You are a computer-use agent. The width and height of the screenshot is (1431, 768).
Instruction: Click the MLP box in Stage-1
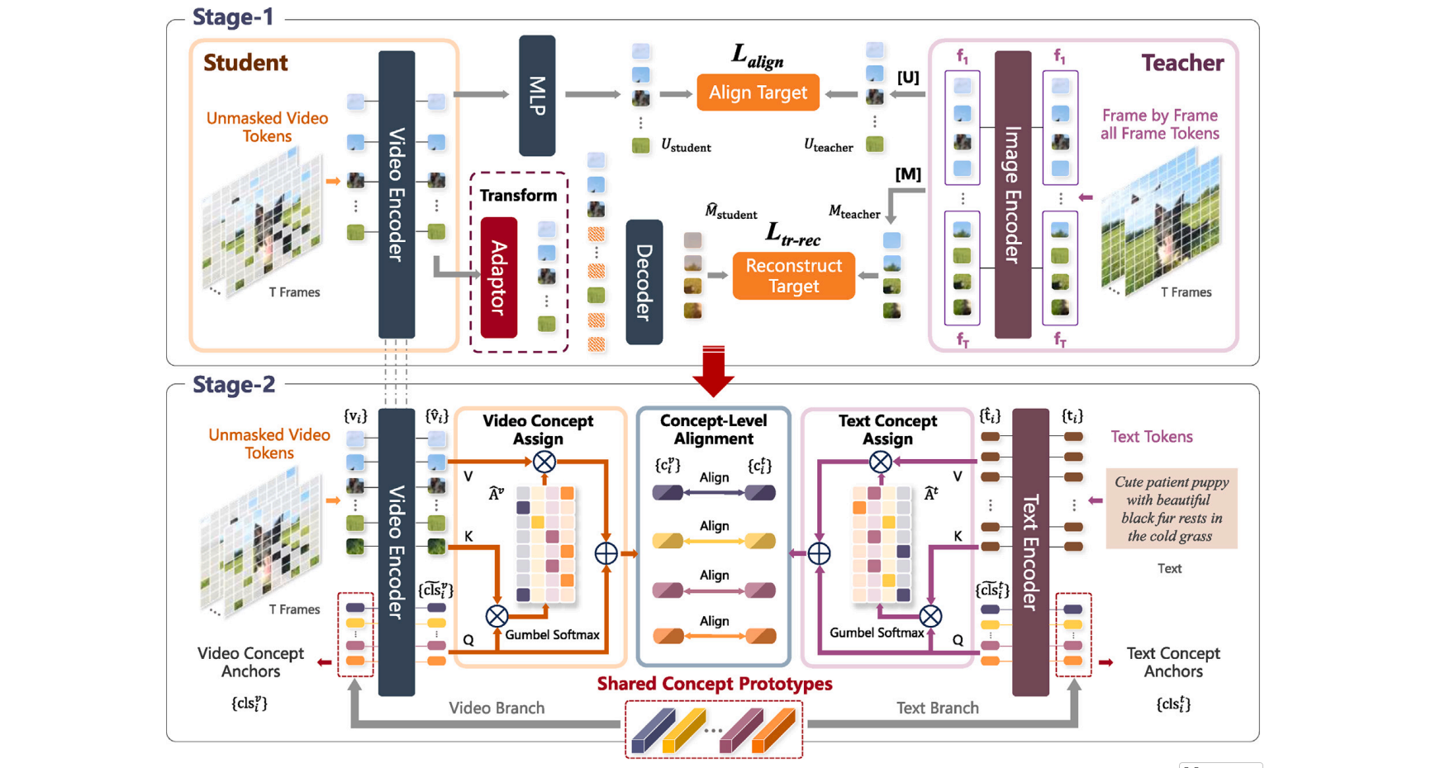pyautogui.click(x=537, y=96)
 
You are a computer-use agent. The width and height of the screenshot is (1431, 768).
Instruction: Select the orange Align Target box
pyautogui.click(x=758, y=92)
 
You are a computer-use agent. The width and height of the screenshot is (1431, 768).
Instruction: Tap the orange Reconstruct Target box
pyautogui.click(x=793, y=276)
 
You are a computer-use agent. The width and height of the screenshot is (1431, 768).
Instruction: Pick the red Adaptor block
pyautogui.click(x=499, y=277)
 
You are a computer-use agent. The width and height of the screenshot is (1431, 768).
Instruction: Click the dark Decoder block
pyautogui.click(x=644, y=282)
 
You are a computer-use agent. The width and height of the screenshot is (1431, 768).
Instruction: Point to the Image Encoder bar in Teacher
pyautogui.click(x=1012, y=195)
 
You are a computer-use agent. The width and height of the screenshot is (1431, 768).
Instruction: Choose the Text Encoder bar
pyautogui.click(x=1030, y=552)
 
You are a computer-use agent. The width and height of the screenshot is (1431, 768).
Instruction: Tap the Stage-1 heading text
pyautogui.click(x=233, y=17)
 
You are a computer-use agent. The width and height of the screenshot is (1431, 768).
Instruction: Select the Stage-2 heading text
pyautogui.click(x=234, y=385)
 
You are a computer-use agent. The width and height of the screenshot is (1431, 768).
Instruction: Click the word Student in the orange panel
pyautogui.click(x=245, y=63)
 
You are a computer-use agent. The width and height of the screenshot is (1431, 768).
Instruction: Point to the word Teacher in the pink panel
pyautogui.click(x=1181, y=63)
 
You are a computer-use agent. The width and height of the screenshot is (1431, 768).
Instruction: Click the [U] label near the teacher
pyautogui.click(x=908, y=78)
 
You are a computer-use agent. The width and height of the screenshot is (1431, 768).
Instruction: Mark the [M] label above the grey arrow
pyautogui.click(x=908, y=174)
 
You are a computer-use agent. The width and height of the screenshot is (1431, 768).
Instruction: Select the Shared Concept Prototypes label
pyautogui.click(x=715, y=684)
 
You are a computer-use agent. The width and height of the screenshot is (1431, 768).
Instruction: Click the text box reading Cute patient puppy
pyautogui.click(x=1172, y=509)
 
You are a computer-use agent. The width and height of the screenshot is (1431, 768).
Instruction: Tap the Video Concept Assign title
pyautogui.click(x=538, y=429)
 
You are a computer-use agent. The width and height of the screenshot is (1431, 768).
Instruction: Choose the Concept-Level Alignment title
pyautogui.click(x=713, y=429)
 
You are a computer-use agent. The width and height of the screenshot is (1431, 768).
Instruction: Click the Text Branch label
pyautogui.click(x=937, y=708)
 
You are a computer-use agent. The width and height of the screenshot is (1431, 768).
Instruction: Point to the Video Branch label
pyautogui.click(x=496, y=708)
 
